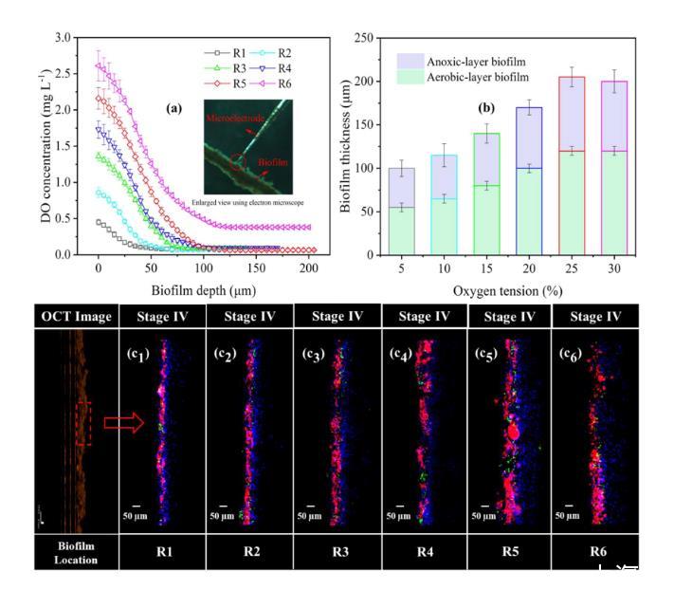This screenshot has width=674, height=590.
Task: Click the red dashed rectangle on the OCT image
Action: point(82,423)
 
